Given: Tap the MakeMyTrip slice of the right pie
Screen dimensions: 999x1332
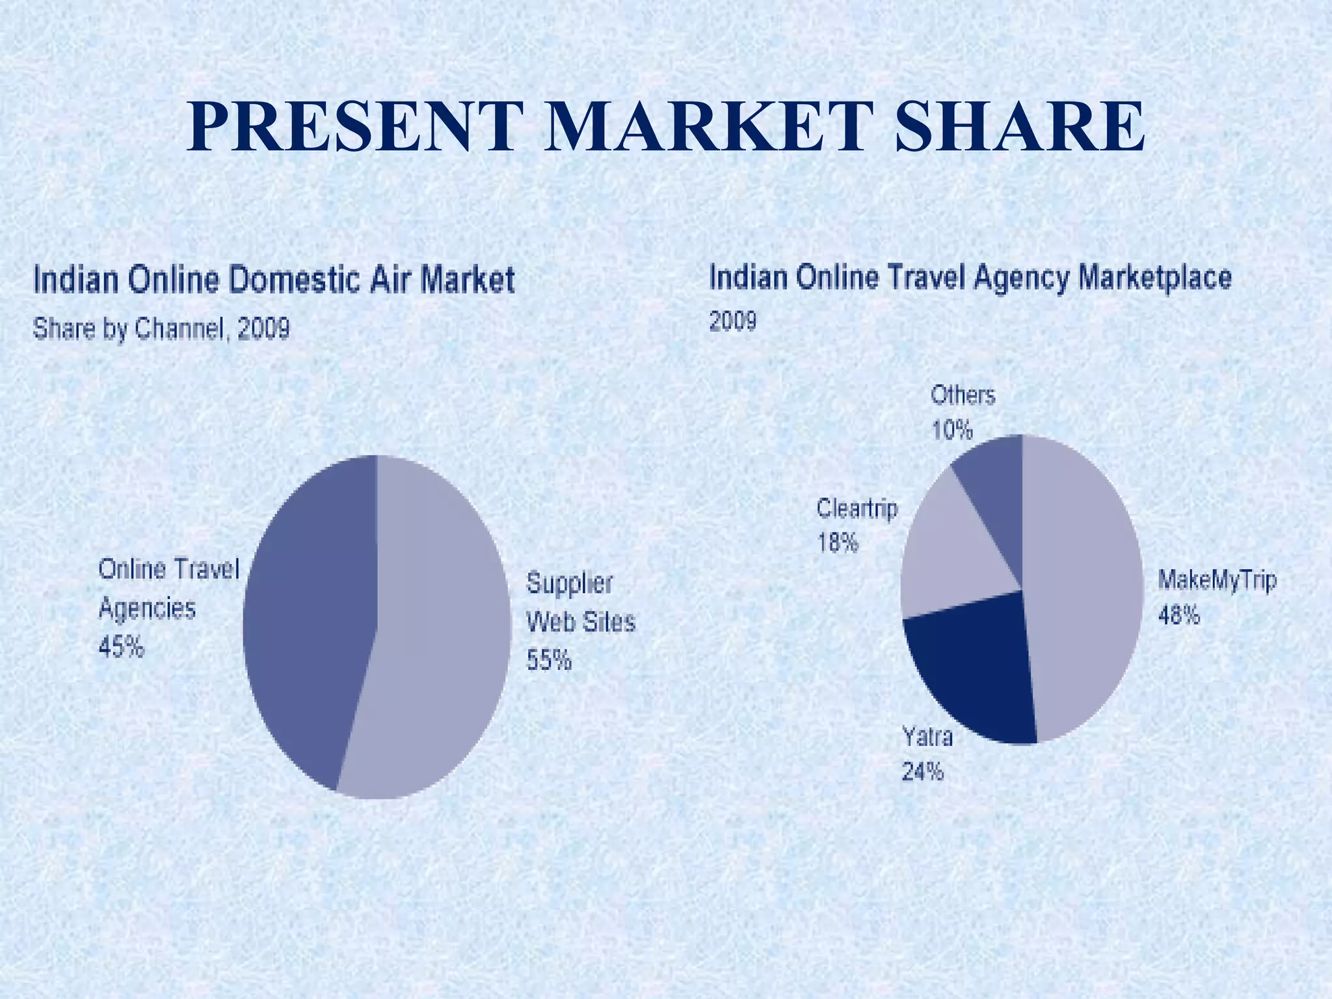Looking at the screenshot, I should click(x=1083, y=585).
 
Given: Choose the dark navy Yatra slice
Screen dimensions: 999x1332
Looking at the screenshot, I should click(x=969, y=676).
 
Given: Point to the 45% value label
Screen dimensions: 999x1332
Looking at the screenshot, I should click(x=121, y=647).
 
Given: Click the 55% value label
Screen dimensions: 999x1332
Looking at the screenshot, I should click(x=549, y=661).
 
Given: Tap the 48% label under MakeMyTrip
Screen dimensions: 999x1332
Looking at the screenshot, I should click(x=1179, y=615).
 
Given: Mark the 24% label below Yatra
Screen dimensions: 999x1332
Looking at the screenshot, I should click(x=922, y=772).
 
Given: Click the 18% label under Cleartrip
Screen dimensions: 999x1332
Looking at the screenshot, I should click(x=838, y=542).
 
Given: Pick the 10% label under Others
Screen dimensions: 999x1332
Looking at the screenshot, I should click(x=952, y=430).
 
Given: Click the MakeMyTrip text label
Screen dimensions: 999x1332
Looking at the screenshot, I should click(x=1217, y=579).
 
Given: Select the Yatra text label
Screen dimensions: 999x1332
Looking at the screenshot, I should click(x=927, y=737).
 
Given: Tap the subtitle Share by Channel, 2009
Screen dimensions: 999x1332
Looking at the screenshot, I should click(x=161, y=330).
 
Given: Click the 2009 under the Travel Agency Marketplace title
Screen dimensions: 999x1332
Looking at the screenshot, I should click(x=733, y=321).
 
